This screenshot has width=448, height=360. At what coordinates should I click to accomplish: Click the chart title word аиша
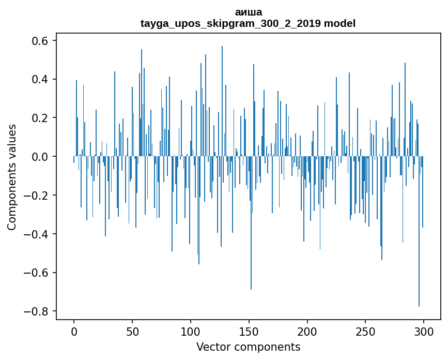tap(248, 12)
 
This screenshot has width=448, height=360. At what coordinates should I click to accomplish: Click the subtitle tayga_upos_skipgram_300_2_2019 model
tap(248, 23)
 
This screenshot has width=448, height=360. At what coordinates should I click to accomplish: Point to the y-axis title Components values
tap(12, 177)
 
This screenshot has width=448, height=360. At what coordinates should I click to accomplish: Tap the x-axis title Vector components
tap(248, 347)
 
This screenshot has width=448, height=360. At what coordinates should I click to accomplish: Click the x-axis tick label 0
tap(74, 331)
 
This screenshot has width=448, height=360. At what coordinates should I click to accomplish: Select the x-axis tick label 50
tap(132, 331)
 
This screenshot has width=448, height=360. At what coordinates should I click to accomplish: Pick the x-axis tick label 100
tap(191, 331)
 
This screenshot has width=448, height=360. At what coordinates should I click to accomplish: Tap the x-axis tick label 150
tap(249, 331)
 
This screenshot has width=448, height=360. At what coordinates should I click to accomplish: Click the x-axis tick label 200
tap(307, 331)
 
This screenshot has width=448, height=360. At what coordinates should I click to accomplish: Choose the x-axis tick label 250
tap(366, 331)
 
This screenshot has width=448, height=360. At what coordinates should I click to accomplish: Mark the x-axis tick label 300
tap(424, 331)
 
